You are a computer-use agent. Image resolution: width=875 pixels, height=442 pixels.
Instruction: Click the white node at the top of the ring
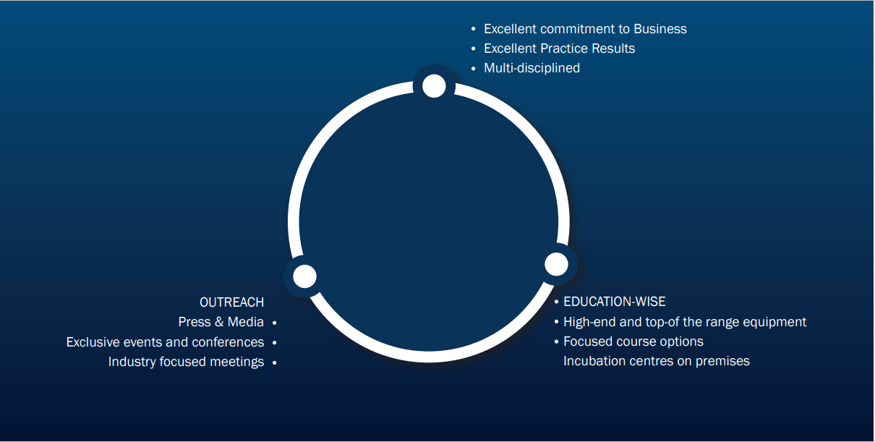[434, 86]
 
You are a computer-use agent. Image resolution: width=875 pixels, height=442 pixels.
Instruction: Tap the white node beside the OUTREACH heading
[304, 276]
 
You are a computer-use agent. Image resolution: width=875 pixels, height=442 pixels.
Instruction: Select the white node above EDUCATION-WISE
[556, 264]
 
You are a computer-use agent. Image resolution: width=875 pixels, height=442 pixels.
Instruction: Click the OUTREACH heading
[231, 302]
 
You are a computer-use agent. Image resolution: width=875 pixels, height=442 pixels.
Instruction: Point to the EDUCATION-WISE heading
[615, 302]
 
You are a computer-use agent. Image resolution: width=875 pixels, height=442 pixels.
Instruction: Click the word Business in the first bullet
[660, 29]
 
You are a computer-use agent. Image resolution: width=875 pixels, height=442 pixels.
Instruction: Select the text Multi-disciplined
[532, 68]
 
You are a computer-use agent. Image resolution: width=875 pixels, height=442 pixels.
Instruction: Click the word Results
[613, 48]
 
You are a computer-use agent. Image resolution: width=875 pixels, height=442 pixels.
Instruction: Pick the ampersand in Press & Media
[219, 322]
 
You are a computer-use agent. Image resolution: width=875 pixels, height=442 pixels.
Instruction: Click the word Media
[246, 322]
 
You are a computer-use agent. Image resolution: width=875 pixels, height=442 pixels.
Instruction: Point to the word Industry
[132, 362]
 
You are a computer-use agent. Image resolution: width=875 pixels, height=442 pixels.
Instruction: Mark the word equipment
[774, 323]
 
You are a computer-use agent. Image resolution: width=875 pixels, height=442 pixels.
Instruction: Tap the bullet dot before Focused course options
[556, 341]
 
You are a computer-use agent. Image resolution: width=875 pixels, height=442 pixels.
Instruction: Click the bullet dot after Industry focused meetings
[275, 362]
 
